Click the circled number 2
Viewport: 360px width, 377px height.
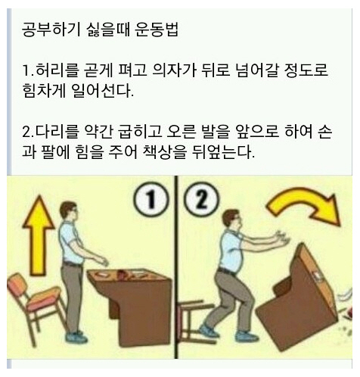pyautogui.click(x=202, y=200)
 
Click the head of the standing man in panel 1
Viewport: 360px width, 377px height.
pyautogui.click(x=69, y=211)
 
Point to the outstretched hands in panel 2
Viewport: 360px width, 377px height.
pyautogui.click(x=283, y=238)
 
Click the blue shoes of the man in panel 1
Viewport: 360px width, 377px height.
pyautogui.click(x=76, y=337)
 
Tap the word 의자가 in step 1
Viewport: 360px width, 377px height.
pyautogui.click(x=175, y=70)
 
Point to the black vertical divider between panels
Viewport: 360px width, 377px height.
pyautogui.click(x=176, y=267)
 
